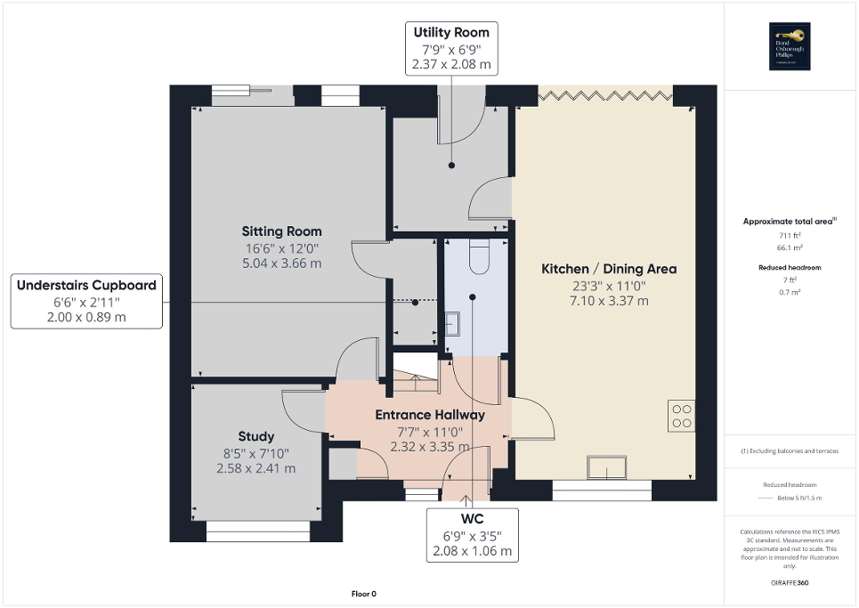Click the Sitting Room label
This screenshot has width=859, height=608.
[281, 231]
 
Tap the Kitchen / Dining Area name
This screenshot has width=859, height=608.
[609, 269]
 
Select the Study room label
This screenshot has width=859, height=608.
[255, 436]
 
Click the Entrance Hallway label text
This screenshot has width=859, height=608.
[430, 415]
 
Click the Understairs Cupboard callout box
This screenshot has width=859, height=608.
[86, 301]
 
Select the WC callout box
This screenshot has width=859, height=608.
[472, 534]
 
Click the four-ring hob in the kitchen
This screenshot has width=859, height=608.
[681, 417]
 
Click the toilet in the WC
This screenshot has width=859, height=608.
[477, 256]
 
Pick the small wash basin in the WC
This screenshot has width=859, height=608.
[451, 321]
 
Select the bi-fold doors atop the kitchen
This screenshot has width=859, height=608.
[605, 94]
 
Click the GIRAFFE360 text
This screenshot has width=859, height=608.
[790, 582]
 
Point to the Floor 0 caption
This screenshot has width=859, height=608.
[364, 594]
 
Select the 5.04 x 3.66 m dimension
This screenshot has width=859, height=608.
[281, 263]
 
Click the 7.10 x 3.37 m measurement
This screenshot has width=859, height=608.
[609, 301]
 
